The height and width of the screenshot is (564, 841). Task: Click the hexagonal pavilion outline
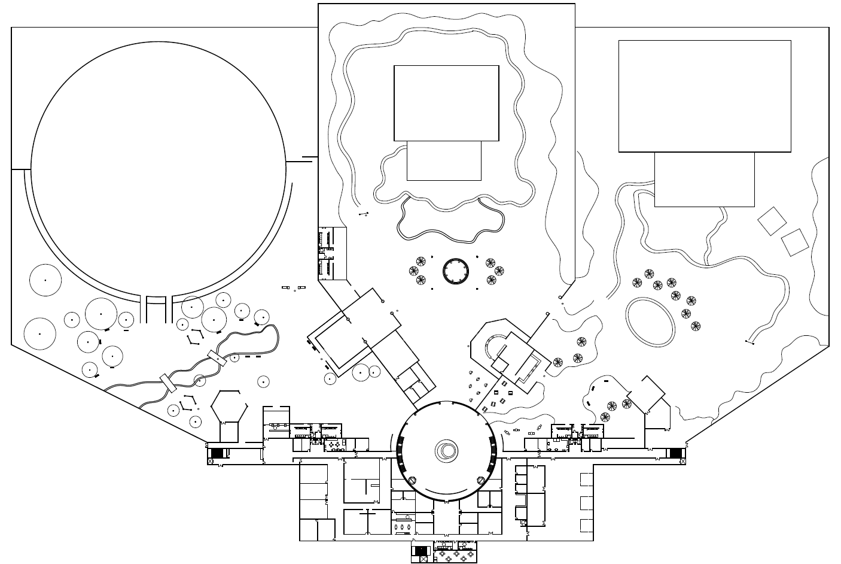coord(229,407)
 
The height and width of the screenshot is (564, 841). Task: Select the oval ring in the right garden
coord(650,322)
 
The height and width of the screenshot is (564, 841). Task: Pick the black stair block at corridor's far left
coord(217,453)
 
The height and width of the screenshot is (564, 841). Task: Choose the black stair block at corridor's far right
coord(675,453)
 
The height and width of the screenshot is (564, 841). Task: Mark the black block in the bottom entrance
coord(421,550)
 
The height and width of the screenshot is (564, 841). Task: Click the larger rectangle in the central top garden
coord(446,103)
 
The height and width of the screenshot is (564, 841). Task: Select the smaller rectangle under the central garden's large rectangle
coord(444,160)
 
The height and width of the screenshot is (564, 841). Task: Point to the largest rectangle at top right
coord(705,96)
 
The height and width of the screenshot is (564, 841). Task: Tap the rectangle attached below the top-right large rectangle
coord(704,179)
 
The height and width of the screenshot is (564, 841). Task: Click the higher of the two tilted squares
coord(772,221)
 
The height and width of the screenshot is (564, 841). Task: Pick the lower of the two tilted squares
coord(795,242)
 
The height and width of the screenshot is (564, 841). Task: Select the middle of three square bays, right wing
coord(586,502)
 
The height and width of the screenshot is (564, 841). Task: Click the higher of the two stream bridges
coord(217,357)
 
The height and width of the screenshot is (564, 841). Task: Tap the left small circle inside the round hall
coord(411,480)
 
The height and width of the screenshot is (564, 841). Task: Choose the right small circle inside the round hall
coord(480,480)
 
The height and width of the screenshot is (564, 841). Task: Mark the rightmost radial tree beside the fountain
coord(499,271)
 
